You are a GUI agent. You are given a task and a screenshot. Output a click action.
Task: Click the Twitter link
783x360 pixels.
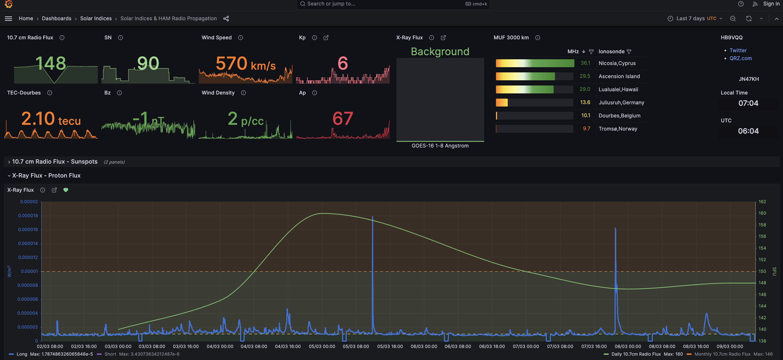pyautogui.click(x=738, y=51)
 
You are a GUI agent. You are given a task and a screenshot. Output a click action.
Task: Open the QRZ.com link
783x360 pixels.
pyautogui.click(x=740, y=58)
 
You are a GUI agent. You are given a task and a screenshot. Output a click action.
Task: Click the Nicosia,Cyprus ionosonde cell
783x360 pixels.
pyautogui.click(x=617, y=63)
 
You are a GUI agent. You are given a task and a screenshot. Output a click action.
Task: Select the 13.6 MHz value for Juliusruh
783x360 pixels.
pyautogui.click(x=585, y=102)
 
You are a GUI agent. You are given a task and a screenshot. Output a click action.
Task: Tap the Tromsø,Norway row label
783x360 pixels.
pyautogui.click(x=618, y=129)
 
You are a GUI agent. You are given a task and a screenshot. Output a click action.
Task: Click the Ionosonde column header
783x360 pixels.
pyautogui.click(x=611, y=52)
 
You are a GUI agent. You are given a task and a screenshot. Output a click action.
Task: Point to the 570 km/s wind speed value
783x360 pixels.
pyautogui.click(x=245, y=64)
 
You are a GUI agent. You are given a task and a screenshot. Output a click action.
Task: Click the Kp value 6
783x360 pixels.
pyautogui.click(x=343, y=63)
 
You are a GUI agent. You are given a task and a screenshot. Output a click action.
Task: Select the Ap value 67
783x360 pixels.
pyautogui.click(x=343, y=119)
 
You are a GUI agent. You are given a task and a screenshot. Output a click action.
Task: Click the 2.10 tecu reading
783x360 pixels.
pyautogui.click(x=51, y=119)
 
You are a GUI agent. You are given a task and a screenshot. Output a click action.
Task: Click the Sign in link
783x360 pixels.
pyautogui.click(x=771, y=4)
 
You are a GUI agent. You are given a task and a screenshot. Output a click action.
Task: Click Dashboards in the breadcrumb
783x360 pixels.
pyautogui.click(x=57, y=19)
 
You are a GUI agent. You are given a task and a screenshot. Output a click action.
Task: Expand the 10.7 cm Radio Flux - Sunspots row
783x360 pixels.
pyautogui.click(x=55, y=162)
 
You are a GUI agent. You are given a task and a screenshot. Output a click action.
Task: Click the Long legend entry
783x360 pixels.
pyautogui.click(x=22, y=354)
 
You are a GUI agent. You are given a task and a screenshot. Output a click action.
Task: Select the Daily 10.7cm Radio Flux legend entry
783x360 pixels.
pyautogui.click(x=636, y=354)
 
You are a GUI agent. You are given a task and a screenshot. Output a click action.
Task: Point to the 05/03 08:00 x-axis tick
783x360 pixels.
pyautogui.click(x=356, y=346)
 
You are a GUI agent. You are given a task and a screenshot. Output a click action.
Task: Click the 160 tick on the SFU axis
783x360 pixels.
pyautogui.click(x=762, y=213)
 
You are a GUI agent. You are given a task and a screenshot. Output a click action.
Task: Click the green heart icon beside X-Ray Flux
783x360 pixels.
pyautogui.click(x=66, y=190)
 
